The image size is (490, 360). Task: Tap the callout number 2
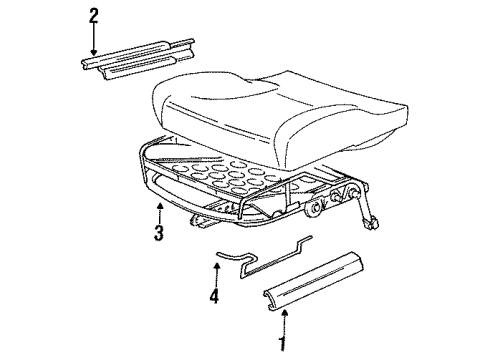[94, 16]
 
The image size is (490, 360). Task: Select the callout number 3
[159, 233]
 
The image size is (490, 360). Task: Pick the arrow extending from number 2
[94, 39]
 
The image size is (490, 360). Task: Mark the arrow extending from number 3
[160, 213]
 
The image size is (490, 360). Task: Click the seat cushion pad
[279, 112]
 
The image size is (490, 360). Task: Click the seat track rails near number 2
[138, 58]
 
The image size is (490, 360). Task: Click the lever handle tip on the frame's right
[373, 223]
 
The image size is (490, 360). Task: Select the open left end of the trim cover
[271, 300]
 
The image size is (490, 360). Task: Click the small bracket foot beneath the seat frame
[199, 221]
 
